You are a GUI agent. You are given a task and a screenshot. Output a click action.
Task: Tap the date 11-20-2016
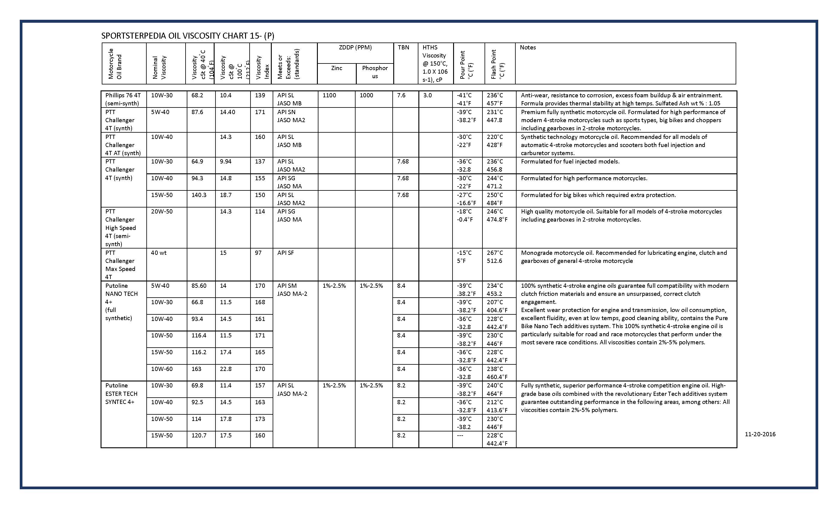[760, 434]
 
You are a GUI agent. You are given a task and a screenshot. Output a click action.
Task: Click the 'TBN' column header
[403, 48]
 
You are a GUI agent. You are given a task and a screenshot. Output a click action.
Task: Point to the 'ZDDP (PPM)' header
[355, 48]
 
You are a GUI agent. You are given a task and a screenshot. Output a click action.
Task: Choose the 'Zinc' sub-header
[336, 68]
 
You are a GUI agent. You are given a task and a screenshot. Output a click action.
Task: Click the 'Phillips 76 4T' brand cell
[123, 99]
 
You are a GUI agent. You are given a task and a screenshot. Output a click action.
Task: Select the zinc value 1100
[329, 95]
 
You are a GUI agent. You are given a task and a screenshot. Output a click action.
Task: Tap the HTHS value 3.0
[427, 95]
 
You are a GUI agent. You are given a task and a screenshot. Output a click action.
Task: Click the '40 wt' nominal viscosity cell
[159, 253]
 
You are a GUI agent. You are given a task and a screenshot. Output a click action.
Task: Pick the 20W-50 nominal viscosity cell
[162, 211]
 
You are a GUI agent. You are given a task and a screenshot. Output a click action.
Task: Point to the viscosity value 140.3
[199, 195]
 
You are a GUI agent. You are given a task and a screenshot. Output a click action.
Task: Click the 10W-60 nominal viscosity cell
[162, 369]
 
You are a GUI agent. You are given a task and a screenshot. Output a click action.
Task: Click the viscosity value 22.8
[226, 369]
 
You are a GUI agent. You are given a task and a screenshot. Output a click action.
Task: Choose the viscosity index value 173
[260, 419]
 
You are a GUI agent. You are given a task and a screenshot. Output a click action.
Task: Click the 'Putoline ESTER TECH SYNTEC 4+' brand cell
[122, 394]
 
